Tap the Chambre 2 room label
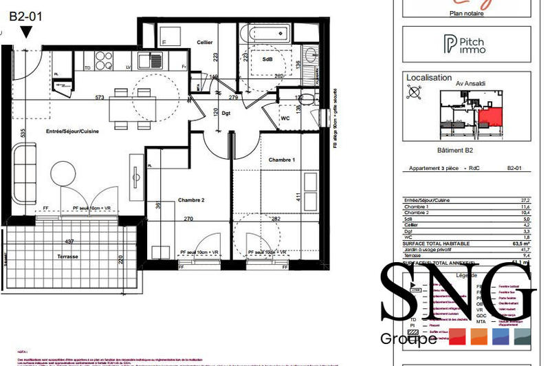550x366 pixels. pos(192,200)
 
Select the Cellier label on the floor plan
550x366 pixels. pos(203,41)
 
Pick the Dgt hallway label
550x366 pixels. pos(226,112)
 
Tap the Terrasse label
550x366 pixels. pos(68,256)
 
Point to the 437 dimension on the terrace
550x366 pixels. pos(69,242)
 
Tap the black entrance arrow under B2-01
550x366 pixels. pos(26,32)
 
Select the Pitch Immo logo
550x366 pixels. pos(465,45)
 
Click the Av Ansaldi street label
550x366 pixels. pos(472,84)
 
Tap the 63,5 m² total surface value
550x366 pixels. pos(519,243)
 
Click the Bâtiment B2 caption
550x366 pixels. pos(470,150)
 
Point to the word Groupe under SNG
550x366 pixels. pos(408,338)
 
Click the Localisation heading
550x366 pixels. pos(429,78)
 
